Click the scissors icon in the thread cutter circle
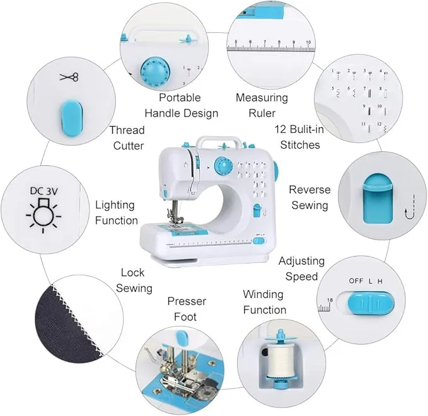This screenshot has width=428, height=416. coord(69,78)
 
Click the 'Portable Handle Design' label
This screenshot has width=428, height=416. coord(181,105)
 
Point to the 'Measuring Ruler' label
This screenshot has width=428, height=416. coord(262,105)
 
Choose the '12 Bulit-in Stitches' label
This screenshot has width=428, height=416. coord(298,137)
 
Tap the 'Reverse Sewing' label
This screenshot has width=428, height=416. coord(308,197)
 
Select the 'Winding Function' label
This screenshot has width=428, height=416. coord(264,302)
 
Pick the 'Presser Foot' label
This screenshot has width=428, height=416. coord(186,309)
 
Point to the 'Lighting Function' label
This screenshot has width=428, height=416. coord(116,212)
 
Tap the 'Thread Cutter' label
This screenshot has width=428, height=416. coord(128,137)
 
